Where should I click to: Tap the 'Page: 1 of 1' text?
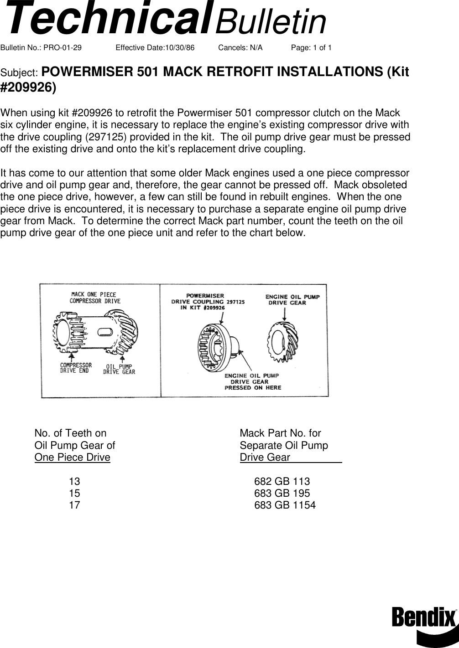(311, 48)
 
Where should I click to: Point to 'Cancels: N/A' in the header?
(240, 48)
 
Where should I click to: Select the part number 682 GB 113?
(282, 481)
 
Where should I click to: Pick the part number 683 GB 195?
(282, 493)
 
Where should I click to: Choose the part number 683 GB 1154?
(285, 505)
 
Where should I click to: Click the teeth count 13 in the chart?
(74, 481)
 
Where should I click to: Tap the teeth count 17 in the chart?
(74, 505)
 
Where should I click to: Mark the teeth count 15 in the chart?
(74, 493)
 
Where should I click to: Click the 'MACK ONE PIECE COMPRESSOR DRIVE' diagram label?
(95, 298)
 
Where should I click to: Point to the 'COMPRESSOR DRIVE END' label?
(76, 368)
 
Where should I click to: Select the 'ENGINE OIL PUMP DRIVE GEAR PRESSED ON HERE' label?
(253, 381)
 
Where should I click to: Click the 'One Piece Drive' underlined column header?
(72, 457)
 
